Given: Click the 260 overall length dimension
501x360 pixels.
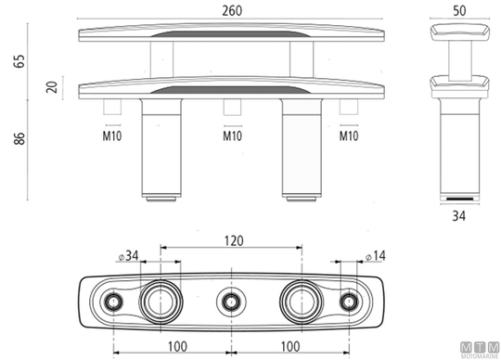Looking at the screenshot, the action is [232, 11].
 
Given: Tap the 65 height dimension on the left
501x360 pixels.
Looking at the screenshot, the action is [19, 61].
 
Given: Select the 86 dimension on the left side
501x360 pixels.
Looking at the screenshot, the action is [19, 138].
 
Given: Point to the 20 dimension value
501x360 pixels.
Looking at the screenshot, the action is [52, 87].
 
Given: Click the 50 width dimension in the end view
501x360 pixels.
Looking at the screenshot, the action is [459, 11].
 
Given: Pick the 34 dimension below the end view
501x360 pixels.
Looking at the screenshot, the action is [459, 216].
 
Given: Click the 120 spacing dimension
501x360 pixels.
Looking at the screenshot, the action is [234, 240].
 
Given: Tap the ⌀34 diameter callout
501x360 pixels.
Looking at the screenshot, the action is [128, 256].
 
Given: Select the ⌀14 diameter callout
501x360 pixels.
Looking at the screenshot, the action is [376, 256].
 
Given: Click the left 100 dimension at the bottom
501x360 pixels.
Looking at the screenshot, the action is [177, 347].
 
